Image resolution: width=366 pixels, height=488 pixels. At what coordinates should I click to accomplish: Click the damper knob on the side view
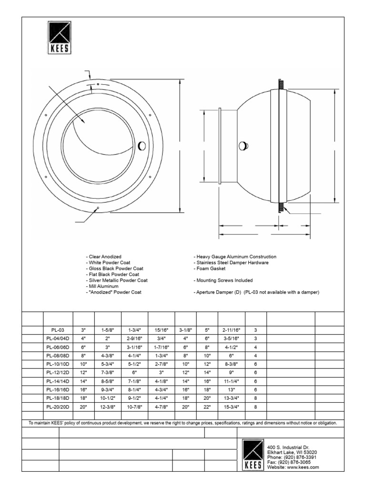[x=244, y=146]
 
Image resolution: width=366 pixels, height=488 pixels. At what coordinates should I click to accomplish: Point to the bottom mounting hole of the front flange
[x=98, y=208]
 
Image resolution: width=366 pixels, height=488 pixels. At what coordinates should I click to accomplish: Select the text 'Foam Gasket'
[x=210, y=269]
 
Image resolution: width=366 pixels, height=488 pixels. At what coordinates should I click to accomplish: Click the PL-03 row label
[x=57, y=330]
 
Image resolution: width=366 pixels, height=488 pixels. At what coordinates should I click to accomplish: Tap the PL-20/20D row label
[x=57, y=407]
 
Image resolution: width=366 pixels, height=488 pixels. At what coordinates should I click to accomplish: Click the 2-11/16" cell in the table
[x=231, y=330]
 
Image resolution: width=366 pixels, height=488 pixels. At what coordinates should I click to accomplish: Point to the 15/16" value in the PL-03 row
[x=161, y=330]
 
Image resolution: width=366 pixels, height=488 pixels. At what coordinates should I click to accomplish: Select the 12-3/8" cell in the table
[x=108, y=407]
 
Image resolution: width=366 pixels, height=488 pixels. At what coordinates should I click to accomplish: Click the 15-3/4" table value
[x=231, y=407]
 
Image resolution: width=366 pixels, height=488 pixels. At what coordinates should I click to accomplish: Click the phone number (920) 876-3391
[x=292, y=457]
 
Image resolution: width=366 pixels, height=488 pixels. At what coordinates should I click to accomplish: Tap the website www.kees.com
[x=293, y=468]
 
